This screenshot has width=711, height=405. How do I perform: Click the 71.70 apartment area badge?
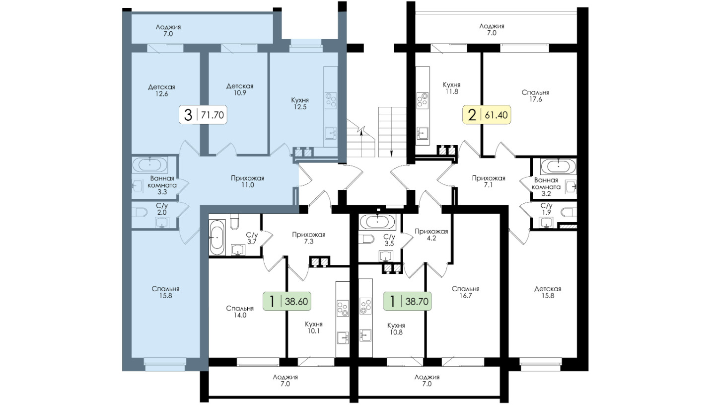(x=203, y=115)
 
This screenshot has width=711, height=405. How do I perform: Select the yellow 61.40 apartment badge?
(x=487, y=115)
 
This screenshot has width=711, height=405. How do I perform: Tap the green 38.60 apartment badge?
(x=287, y=301)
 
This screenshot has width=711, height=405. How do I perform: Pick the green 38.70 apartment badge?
(x=407, y=301)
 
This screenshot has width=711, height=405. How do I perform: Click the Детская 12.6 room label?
(x=161, y=90)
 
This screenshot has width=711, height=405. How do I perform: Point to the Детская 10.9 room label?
(x=240, y=89)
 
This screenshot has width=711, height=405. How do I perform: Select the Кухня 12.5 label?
(x=300, y=103)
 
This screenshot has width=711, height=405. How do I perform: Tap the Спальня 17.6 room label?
(x=535, y=96)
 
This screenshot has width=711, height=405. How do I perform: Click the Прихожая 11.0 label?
(x=248, y=182)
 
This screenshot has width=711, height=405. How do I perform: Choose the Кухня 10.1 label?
(x=314, y=327)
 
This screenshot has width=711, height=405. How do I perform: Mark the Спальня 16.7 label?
(x=466, y=292)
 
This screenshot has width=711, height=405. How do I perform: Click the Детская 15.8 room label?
(x=548, y=292)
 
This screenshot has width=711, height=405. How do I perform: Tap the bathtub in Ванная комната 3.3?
(x=150, y=165)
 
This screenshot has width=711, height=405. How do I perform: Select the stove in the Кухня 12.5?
(x=331, y=100)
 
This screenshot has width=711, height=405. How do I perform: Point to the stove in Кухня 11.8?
(x=423, y=100)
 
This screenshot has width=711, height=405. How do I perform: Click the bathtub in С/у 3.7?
(x=217, y=237)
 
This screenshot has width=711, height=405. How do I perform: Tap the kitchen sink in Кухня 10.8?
(x=365, y=335)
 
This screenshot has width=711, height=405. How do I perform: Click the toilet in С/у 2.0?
(x=139, y=212)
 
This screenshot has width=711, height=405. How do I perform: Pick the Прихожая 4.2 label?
(x=431, y=235)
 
